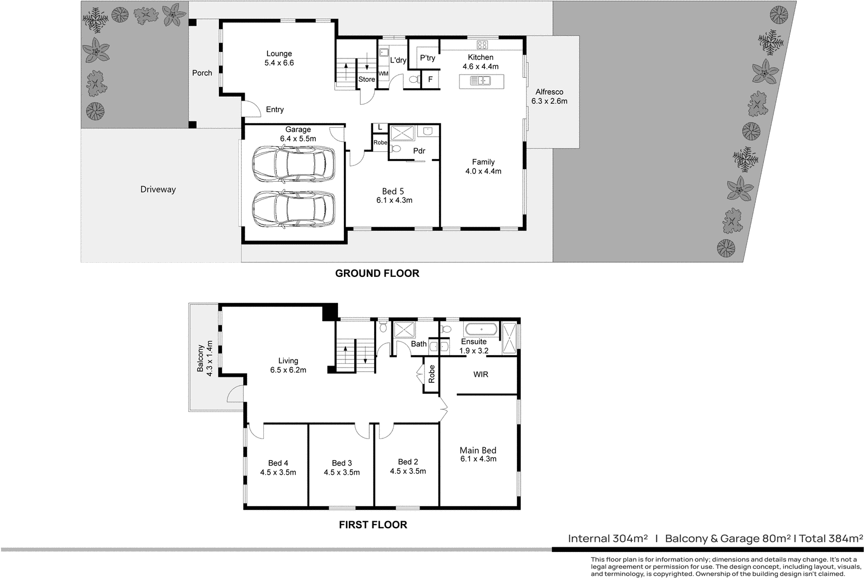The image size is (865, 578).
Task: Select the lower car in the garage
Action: click(x=293, y=210)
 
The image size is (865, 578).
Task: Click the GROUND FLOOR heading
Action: click(x=377, y=274)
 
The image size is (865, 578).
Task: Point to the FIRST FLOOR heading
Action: click(x=372, y=524)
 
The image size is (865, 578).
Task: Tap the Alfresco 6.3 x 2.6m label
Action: click(x=549, y=96)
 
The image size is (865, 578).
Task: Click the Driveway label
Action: click(x=158, y=189)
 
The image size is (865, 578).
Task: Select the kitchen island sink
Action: click(x=480, y=81)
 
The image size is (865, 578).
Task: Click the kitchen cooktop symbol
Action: click(x=482, y=45)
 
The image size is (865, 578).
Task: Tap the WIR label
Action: click(x=480, y=374)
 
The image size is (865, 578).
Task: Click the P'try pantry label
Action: click(x=428, y=58)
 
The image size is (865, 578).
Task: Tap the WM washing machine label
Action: click(x=383, y=74)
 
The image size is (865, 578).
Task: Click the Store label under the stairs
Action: click(x=367, y=79)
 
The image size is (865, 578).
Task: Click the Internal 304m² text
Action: click(x=608, y=539)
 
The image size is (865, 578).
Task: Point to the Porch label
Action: click(x=202, y=73)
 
